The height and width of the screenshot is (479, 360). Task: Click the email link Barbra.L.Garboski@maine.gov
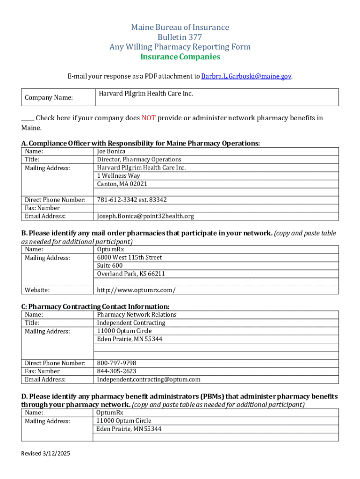tap(246, 76)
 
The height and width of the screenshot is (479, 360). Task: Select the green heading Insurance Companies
tap(180, 57)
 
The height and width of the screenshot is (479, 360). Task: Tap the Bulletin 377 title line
tap(180, 37)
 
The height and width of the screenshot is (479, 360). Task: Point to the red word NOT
tap(148, 118)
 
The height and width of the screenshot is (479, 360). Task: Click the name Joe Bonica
tap(111, 152)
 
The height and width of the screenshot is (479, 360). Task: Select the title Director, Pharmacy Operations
tap(139, 160)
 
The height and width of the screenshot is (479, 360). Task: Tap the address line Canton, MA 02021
tap(122, 184)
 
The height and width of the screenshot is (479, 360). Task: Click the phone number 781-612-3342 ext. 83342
tap(132, 200)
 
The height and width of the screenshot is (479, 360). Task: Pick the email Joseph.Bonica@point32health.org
tap(145, 216)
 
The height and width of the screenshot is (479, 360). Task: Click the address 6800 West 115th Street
tap(130, 257)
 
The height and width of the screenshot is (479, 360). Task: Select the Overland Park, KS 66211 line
tap(131, 274)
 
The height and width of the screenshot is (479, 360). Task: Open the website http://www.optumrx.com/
tap(137, 290)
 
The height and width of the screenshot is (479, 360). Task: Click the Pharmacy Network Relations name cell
tap(137, 315)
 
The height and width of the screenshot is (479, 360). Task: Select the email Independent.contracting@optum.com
tap(149, 379)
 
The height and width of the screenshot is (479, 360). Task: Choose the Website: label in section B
tap(37, 290)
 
